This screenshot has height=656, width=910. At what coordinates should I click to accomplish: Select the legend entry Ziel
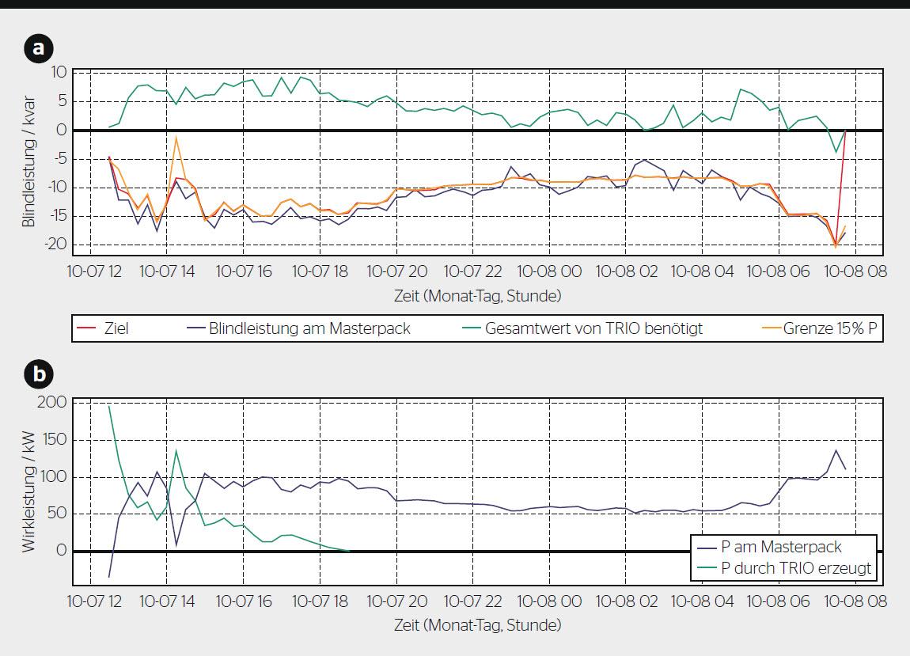[116, 328]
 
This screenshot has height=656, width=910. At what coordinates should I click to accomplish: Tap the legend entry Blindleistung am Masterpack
[309, 328]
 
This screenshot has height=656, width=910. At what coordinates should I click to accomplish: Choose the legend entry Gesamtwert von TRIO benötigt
[594, 328]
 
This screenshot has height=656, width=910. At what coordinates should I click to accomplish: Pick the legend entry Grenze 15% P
[830, 328]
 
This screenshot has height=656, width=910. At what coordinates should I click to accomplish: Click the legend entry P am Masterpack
[782, 547]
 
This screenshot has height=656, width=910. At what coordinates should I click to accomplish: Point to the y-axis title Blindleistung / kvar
[28, 157]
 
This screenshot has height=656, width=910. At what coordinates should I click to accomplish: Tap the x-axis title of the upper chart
[478, 296]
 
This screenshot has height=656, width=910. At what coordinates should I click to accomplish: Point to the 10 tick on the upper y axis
[58, 72]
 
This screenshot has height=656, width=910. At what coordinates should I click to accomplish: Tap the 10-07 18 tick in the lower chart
[320, 601]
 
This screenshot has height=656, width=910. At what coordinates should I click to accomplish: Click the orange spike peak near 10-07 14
[176, 137]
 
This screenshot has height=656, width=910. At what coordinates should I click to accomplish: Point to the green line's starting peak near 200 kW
[108, 406]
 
